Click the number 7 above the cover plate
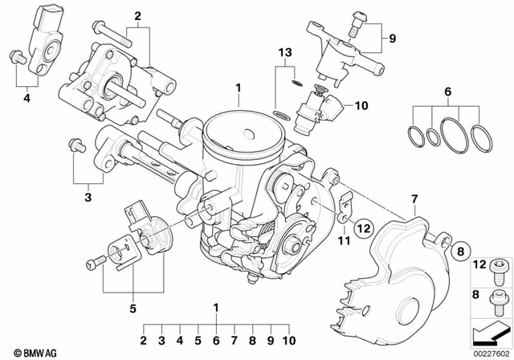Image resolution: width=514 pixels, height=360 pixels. pyautogui.click(x=414, y=198)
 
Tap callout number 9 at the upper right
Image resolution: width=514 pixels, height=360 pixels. pyautogui.click(x=393, y=38)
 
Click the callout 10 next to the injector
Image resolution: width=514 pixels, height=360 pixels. pyautogui.click(x=359, y=104)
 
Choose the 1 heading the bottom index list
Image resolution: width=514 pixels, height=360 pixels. pyautogui.click(x=215, y=306)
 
